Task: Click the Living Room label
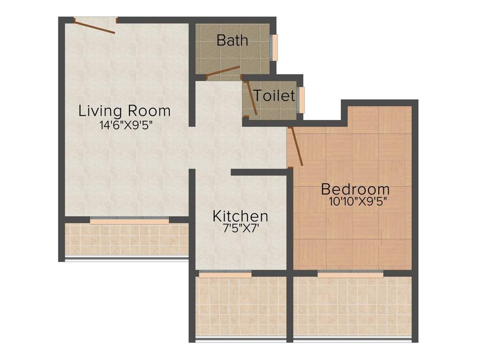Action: [x=124, y=111]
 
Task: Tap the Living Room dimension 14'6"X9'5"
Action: [x=126, y=125]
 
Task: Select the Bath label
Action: [x=232, y=40]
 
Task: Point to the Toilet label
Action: [x=274, y=96]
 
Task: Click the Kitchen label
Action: [x=240, y=216]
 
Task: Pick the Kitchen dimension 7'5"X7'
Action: [x=240, y=229]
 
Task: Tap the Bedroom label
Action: [x=355, y=189]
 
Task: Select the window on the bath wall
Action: [x=275, y=47]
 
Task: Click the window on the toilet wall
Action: [x=302, y=100]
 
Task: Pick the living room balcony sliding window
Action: [x=129, y=220]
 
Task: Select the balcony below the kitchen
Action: [x=240, y=307]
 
